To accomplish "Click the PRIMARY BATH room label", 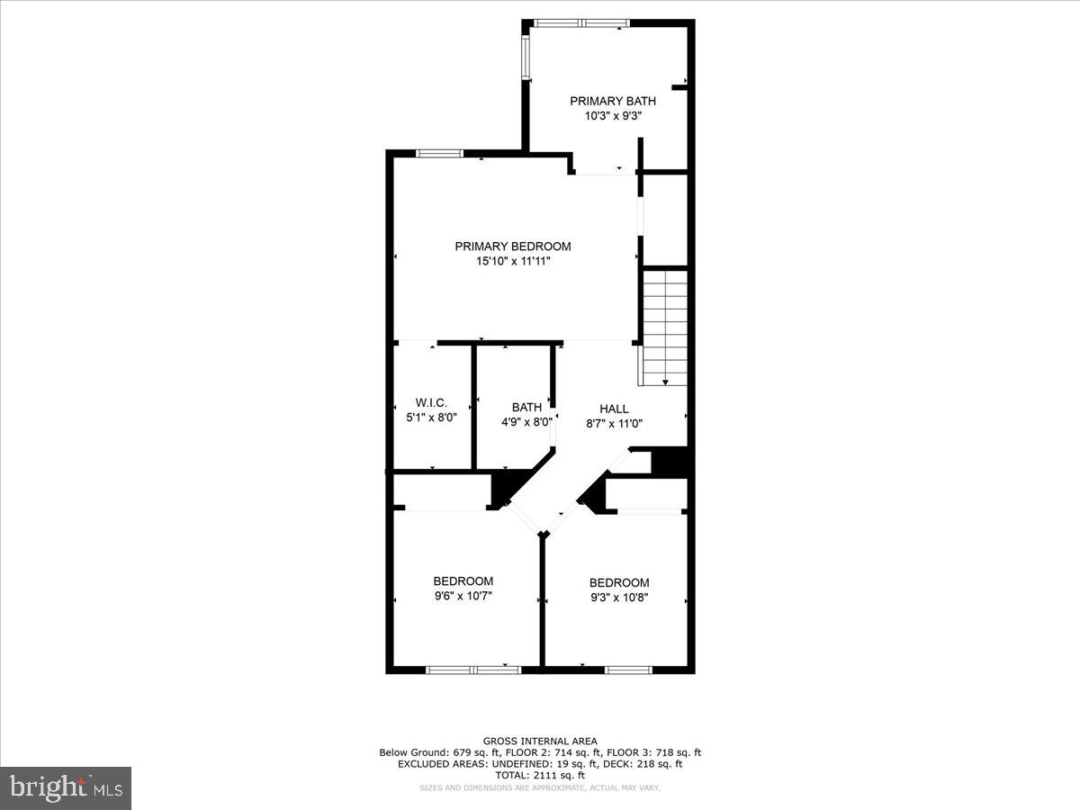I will (612, 101).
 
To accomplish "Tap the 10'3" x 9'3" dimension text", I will (612, 115).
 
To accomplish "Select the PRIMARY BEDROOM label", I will (512, 247).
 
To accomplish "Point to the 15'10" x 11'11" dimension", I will (512, 261).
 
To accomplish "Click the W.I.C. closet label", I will (431, 402).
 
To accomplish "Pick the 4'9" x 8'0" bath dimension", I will (526, 422).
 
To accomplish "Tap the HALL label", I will (614, 409).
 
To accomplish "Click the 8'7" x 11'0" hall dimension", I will (614, 423).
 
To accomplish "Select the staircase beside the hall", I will (664, 324).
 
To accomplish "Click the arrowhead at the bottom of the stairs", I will (664, 382).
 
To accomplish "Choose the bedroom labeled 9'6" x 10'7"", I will (463, 588).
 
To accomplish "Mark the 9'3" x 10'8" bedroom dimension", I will (619, 597).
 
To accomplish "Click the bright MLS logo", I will (66, 787).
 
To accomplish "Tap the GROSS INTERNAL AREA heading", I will (540, 741).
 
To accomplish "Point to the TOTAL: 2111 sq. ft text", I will (540, 775).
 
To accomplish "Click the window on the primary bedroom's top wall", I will (439, 154).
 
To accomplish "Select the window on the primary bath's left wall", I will (526, 57).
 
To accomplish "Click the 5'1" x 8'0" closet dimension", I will (431, 417).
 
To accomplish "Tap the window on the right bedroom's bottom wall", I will (627, 670).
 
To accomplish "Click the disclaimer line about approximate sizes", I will (540, 787).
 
